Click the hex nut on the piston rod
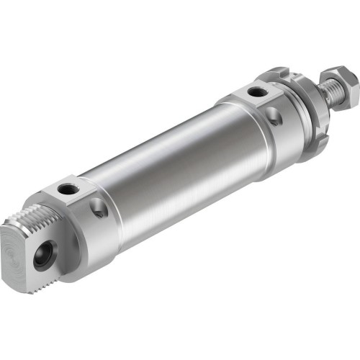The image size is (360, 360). pos(337,78)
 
